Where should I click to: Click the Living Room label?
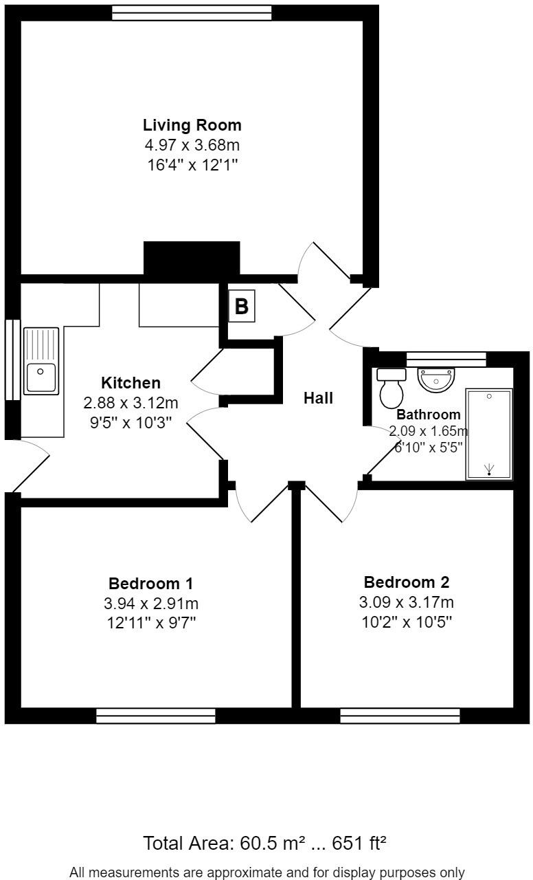click(192, 125)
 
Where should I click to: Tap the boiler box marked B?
click(241, 306)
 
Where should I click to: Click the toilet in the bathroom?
click(392, 388)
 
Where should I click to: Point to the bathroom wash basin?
click(435, 379)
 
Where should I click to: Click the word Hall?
click(319, 398)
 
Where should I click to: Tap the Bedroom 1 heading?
click(150, 584)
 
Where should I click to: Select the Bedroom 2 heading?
click(406, 582)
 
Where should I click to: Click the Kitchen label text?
click(131, 383)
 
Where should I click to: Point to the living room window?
click(192, 13)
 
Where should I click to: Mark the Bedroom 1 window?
click(155, 716)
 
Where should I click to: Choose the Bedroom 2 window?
click(400, 716)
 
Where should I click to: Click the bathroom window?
click(446, 359)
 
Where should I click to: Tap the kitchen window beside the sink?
click(12, 359)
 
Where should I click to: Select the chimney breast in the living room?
click(192, 260)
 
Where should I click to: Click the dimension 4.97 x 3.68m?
click(192, 145)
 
